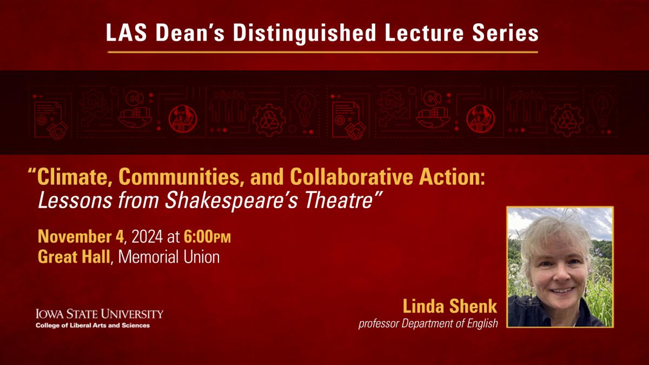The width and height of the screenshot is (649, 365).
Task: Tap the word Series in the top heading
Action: (x=505, y=32)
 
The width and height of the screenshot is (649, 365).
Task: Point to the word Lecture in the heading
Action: (x=424, y=32)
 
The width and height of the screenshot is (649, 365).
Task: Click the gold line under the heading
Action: (x=322, y=52)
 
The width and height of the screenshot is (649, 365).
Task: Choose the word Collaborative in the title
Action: (x=351, y=177)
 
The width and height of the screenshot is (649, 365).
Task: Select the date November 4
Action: (x=81, y=236)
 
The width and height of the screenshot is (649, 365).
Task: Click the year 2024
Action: (x=147, y=236)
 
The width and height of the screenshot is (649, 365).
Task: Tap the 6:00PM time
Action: (x=207, y=236)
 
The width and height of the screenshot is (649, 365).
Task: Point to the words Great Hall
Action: (x=74, y=257)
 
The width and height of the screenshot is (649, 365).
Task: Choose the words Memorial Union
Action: (x=169, y=257)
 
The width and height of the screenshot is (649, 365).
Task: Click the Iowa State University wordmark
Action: (x=100, y=314)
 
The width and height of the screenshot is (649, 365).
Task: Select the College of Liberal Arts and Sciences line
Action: (x=92, y=326)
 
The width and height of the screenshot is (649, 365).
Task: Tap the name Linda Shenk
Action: (x=450, y=306)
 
